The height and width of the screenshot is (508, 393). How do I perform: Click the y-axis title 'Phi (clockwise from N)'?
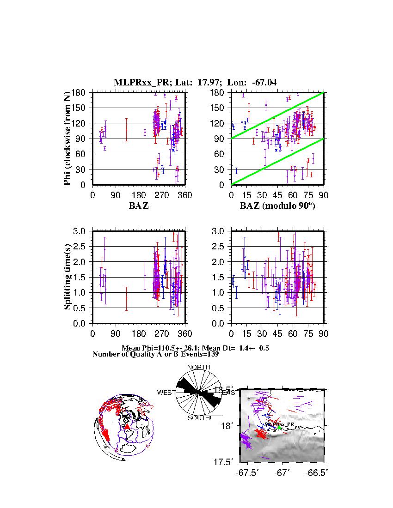[x=68, y=139]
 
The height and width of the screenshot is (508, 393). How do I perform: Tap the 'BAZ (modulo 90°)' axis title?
[x=277, y=206]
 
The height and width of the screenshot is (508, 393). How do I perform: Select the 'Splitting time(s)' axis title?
[x=68, y=277]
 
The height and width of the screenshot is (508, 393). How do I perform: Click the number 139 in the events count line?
[x=211, y=355]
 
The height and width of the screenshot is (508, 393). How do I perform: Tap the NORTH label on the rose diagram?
[x=198, y=367]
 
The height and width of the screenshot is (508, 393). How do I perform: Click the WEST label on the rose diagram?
[x=166, y=393]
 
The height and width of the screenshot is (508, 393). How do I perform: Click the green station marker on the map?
[x=279, y=428]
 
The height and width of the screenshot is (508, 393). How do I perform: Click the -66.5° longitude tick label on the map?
[x=318, y=473]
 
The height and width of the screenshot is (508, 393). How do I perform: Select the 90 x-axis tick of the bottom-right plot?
[x=323, y=334]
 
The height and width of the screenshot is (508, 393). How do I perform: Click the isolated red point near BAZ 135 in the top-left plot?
[x=127, y=130]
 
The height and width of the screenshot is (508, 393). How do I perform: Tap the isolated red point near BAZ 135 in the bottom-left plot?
[x=127, y=298]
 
